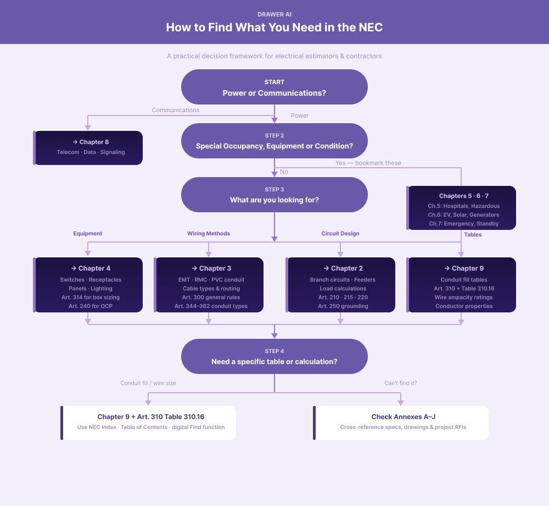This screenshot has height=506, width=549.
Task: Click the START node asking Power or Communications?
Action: (x=274, y=87)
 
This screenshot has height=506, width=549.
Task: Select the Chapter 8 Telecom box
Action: (x=88, y=147)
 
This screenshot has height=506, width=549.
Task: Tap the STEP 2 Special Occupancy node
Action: (x=274, y=141)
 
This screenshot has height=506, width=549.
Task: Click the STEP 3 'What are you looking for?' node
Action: (x=274, y=195)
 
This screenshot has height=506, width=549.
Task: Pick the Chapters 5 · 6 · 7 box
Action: (x=461, y=207)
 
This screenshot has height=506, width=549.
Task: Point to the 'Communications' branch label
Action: (x=175, y=110)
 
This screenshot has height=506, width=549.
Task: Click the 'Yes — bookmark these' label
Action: (x=368, y=163)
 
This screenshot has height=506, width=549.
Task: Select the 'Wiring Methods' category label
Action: (x=208, y=233)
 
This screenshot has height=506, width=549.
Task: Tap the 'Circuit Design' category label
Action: (x=340, y=233)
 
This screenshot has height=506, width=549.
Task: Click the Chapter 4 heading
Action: (x=91, y=268)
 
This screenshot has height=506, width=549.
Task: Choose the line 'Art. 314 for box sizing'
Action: (x=91, y=297)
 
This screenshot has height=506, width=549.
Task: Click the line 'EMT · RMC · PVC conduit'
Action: (x=211, y=279)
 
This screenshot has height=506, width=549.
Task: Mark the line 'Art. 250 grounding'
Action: (x=343, y=306)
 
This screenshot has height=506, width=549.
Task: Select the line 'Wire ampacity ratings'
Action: (x=464, y=297)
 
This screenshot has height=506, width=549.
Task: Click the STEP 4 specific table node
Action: (x=274, y=356)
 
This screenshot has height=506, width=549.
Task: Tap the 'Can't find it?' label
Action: (x=400, y=383)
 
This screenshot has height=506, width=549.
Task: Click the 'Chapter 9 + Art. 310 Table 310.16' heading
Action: (x=150, y=417)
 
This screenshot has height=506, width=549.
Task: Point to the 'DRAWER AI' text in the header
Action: (x=274, y=13)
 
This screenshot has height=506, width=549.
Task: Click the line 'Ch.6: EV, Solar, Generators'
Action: (x=464, y=215)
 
